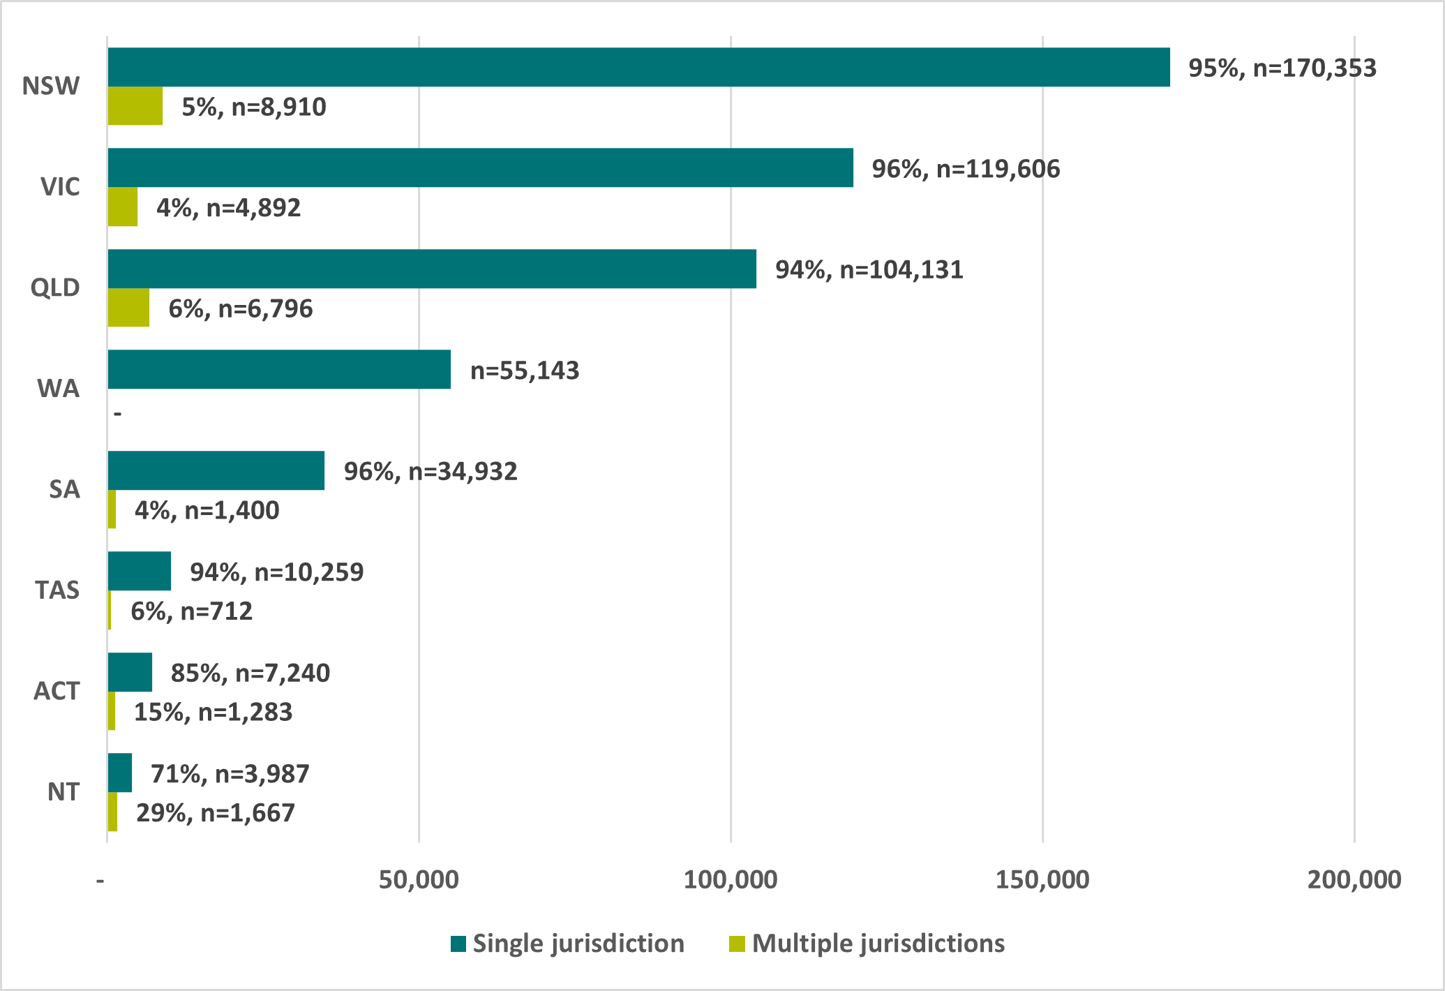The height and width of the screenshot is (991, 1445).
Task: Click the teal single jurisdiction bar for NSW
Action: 638,67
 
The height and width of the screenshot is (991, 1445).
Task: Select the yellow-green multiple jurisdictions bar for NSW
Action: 135,106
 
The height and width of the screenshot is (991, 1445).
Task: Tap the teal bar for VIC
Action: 480,167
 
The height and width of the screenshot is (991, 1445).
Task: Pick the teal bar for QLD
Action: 432,269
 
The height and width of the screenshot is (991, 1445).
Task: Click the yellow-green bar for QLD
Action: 128,308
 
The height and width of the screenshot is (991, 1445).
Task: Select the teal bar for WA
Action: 279,369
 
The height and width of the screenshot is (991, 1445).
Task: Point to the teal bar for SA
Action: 216,470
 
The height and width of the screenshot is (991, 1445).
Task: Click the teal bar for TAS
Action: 140,571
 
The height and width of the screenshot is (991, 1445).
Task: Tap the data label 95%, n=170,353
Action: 1282,68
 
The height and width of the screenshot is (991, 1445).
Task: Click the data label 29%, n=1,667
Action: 216,813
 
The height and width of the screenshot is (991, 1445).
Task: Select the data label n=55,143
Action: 525,371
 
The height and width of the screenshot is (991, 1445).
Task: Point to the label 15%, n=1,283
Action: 213,712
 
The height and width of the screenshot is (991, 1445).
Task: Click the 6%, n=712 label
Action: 191,611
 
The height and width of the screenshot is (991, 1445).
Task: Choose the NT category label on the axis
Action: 63,792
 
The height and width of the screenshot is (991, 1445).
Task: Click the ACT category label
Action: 57,691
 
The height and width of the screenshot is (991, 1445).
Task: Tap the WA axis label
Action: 59,389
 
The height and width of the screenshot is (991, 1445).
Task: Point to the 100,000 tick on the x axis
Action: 730,880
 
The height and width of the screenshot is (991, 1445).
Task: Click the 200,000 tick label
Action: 1354,880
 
